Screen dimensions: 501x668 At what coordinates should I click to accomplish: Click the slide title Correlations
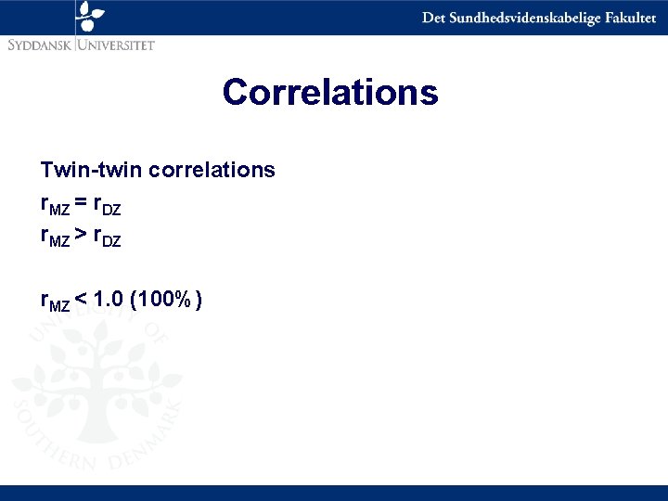(x=329, y=92)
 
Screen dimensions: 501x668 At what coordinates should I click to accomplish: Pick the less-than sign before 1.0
(x=82, y=299)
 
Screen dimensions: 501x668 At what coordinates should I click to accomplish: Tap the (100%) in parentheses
(x=168, y=299)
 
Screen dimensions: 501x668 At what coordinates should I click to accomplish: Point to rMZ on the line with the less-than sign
(x=54, y=301)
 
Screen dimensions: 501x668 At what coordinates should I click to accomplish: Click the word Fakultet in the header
(x=623, y=18)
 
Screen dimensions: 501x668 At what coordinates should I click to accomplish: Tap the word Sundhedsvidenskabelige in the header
(x=517, y=18)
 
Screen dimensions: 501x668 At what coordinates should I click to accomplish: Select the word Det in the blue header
(x=433, y=18)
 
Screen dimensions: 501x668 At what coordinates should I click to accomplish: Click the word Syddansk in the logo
(x=40, y=44)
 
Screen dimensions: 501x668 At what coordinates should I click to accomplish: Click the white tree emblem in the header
(x=91, y=16)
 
